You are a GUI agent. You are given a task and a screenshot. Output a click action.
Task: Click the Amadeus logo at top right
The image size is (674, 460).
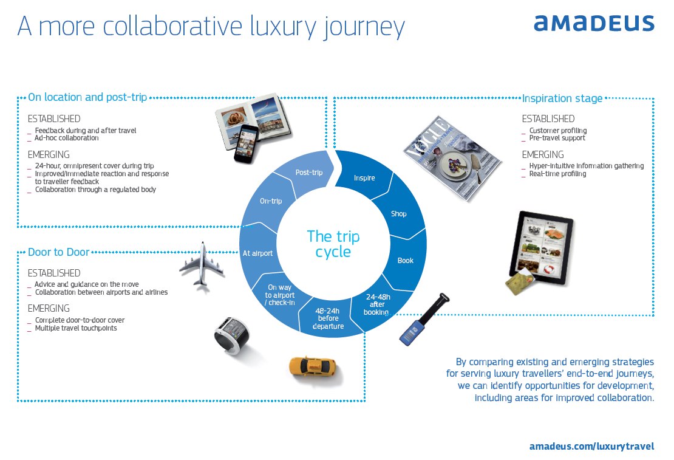(x=594, y=24)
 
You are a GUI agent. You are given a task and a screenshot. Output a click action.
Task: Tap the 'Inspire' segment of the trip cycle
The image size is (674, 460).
(x=364, y=177)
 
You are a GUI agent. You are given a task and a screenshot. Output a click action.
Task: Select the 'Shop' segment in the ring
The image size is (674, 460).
(x=398, y=214)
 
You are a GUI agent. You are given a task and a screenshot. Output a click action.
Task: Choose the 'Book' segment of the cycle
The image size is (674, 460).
(x=405, y=260)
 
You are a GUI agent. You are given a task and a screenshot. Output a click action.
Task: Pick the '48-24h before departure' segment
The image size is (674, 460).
(x=329, y=318)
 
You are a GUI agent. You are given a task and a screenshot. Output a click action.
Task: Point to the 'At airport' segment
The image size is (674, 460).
(x=257, y=253)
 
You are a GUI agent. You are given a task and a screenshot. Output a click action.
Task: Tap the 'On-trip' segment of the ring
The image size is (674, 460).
(x=270, y=201)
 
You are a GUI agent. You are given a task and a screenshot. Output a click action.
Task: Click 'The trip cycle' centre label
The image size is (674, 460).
(x=333, y=243)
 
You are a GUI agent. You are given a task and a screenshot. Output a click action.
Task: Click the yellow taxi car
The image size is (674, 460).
(x=311, y=367)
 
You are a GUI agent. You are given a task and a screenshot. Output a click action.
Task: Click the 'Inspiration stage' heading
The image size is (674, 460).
(x=562, y=98)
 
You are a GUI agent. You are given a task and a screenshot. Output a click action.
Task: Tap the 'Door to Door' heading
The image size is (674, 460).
(x=59, y=252)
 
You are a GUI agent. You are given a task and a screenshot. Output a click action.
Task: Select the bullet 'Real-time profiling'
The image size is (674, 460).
(x=557, y=174)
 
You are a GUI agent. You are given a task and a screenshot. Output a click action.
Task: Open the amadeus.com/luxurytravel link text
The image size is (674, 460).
(x=591, y=446)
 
